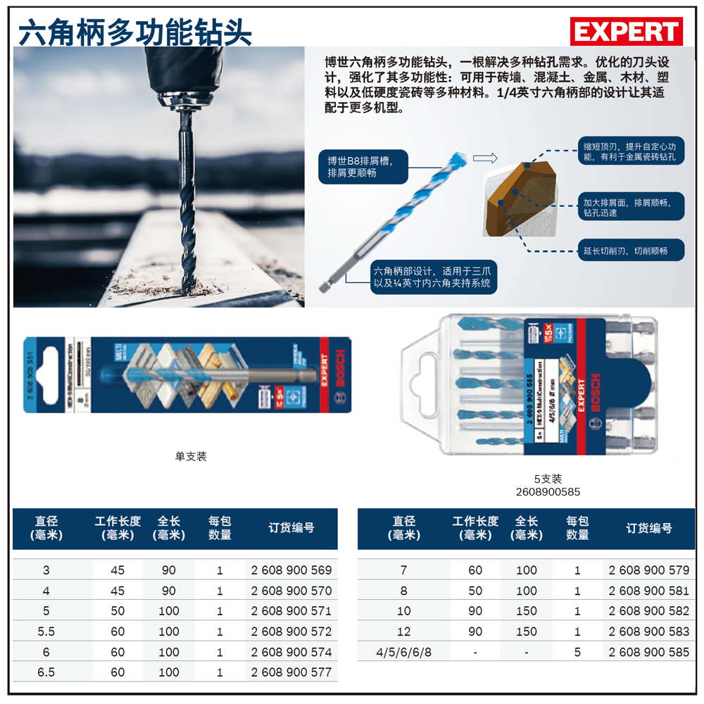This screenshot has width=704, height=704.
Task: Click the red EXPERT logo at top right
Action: point(626,32)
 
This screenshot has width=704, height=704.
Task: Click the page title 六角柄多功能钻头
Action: point(134,31)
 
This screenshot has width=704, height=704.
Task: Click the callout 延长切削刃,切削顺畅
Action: point(624,250)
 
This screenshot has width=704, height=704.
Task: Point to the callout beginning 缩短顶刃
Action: point(629,151)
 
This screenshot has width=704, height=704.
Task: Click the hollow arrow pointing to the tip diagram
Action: point(485,158)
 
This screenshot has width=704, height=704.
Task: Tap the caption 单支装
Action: point(191,456)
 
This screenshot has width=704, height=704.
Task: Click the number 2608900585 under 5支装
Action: point(547,492)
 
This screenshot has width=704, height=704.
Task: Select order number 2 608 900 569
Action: point(291,570)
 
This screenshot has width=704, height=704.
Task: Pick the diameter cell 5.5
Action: point(46,631)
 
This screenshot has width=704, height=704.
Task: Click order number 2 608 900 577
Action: point(291,672)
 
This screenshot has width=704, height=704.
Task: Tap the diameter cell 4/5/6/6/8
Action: point(404,652)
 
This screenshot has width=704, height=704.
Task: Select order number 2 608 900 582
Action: point(648,611)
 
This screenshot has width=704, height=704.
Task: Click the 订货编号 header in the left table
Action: point(291,528)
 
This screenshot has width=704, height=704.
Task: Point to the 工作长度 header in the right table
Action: point(475,528)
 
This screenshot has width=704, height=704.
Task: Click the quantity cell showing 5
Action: point(577,652)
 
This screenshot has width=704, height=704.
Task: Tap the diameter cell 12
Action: point(404,631)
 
